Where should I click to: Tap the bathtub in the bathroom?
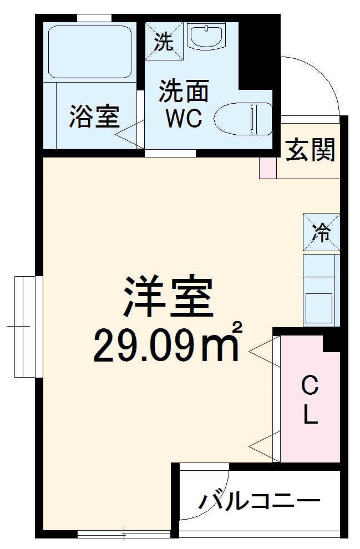(89, 51)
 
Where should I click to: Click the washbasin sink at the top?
(206, 37)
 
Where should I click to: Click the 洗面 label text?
(184, 91)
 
